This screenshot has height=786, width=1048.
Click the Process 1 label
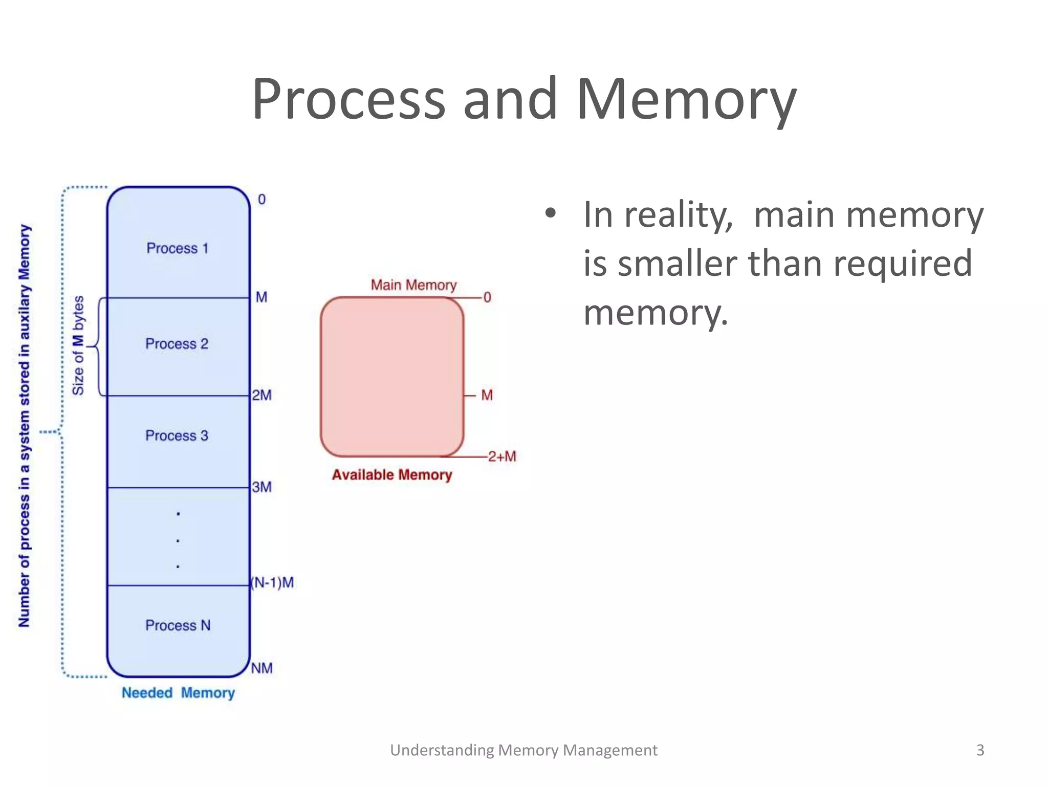click(178, 248)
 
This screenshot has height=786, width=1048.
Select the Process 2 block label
click(177, 344)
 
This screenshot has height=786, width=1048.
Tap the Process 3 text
click(177, 435)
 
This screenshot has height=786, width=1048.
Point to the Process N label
click(178, 625)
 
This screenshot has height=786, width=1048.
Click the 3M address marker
click(261, 487)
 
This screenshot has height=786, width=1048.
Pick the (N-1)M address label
click(272, 582)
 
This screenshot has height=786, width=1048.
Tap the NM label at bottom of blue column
click(262, 668)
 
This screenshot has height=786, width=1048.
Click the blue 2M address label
click(261, 395)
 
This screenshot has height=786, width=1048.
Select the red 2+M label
click(502, 456)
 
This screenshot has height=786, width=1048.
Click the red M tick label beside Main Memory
click(487, 395)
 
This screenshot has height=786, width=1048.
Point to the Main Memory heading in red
click(413, 285)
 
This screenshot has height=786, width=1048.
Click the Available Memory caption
click(392, 475)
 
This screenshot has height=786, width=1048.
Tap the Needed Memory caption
click(178, 693)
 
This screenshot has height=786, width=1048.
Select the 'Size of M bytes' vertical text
click(78, 345)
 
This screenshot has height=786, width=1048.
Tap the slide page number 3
click(980, 750)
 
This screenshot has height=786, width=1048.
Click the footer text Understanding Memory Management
click(523, 750)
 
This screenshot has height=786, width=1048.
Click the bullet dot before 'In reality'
click(550, 214)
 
